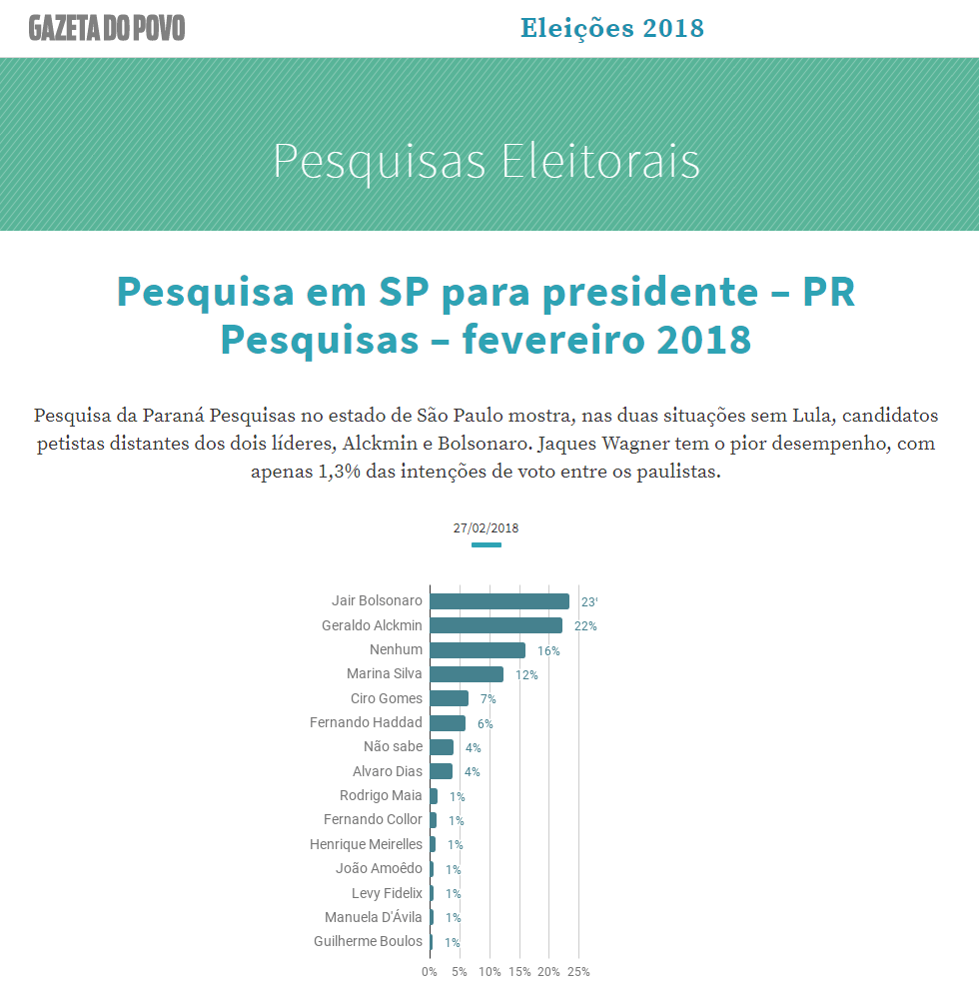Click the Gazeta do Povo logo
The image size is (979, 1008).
click(x=107, y=28)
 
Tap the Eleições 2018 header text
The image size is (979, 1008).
click(x=612, y=28)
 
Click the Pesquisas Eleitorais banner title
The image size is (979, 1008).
click(x=487, y=161)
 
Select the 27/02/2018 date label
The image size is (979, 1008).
click(x=486, y=528)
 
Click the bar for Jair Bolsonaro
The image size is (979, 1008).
click(x=499, y=601)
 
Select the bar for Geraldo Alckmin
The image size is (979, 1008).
click(x=495, y=625)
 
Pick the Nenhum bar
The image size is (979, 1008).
click(x=478, y=650)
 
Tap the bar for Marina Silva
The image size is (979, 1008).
click(x=467, y=674)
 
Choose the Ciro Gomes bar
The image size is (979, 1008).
click(x=449, y=698)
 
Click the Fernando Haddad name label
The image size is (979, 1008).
click(x=366, y=722)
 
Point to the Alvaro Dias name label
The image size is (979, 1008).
click(x=388, y=771)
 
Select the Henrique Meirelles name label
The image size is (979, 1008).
click(x=366, y=844)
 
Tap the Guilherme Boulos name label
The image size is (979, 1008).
click(x=368, y=941)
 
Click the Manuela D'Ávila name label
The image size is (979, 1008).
click(x=374, y=917)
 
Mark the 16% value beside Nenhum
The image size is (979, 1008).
click(x=548, y=651)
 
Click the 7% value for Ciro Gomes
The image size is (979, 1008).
click(x=488, y=699)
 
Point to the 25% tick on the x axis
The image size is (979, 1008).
click(x=578, y=972)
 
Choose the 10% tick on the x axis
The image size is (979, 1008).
click(x=489, y=972)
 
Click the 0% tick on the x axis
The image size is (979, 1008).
click(x=430, y=972)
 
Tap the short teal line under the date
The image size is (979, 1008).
click(x=487, y=545)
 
